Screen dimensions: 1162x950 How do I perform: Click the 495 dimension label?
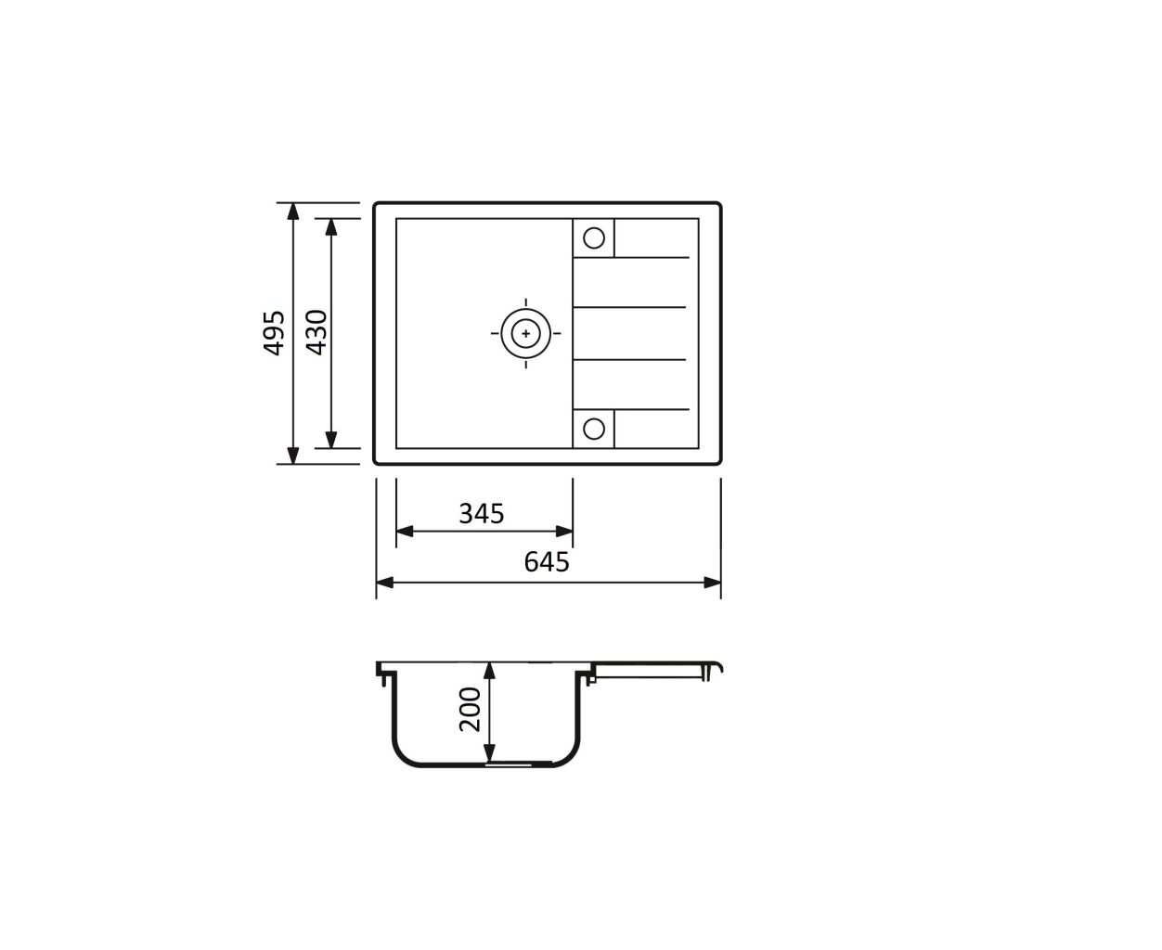274,333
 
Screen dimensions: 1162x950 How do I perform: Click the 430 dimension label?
316,333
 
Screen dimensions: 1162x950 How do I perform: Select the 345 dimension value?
482,513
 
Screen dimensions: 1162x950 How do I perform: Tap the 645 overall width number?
547,561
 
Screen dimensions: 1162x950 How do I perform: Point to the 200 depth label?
470,710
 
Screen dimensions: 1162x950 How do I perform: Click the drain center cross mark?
525,333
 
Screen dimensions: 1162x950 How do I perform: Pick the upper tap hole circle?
594,237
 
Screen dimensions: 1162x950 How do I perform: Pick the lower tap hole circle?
594,429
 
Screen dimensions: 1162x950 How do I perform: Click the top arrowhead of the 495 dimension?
293,212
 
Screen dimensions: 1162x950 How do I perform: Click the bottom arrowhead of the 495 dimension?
293,455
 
